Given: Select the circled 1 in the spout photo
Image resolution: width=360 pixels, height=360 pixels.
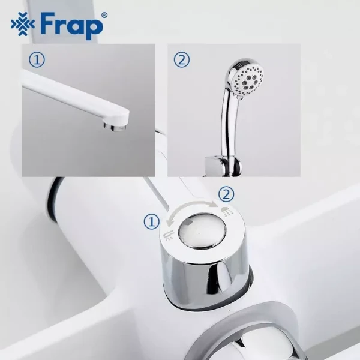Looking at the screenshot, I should point(37,59).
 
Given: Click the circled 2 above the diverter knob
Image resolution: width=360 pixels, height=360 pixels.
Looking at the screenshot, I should point(226,194).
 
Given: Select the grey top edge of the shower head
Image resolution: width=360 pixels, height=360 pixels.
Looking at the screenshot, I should point(240,61).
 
